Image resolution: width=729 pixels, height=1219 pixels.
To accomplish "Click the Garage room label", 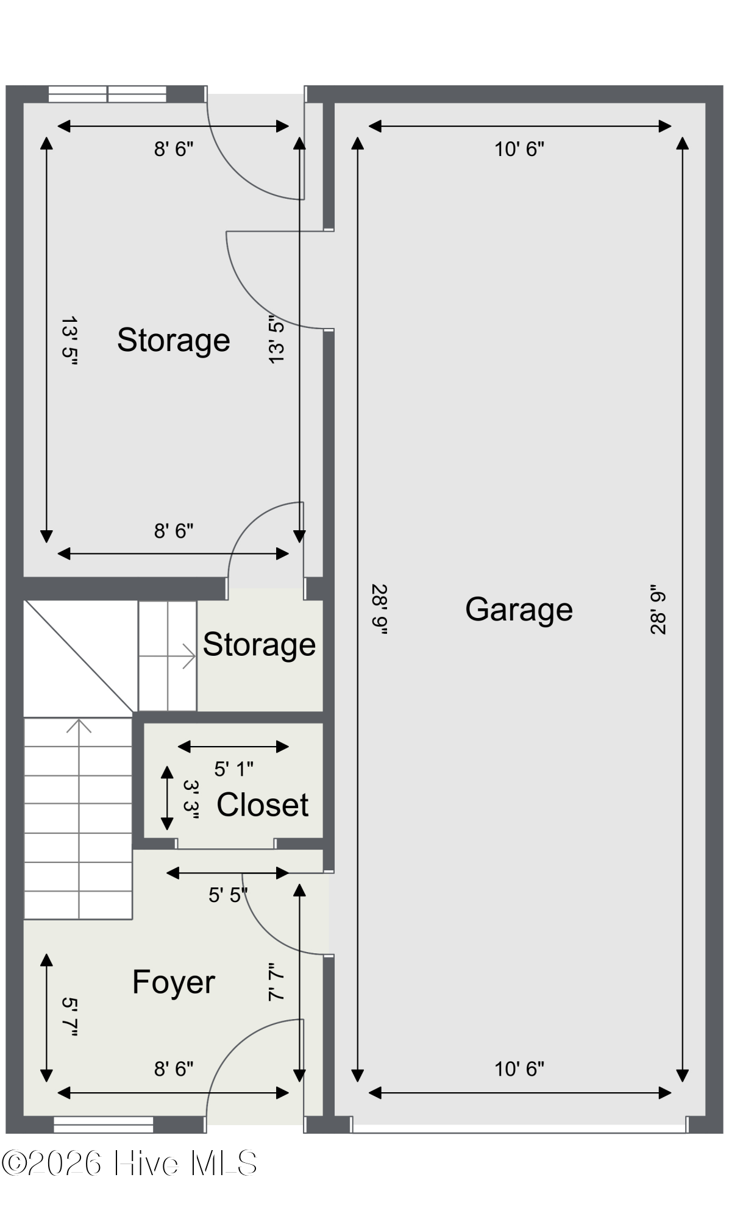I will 519,609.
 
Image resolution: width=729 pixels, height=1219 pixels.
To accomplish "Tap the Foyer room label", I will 174,983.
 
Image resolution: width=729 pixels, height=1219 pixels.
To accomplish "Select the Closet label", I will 263,805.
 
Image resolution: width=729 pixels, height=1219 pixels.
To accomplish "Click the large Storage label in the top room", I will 174,340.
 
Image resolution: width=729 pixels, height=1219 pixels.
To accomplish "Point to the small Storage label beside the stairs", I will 259,645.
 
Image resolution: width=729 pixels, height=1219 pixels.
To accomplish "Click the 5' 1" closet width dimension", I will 233,769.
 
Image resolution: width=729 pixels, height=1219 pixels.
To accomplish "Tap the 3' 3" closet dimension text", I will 191,799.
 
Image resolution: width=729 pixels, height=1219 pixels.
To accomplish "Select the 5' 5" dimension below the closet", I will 228,895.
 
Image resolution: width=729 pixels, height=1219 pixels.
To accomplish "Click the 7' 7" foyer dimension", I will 277,981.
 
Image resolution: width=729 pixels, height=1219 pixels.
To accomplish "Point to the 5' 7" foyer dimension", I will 71,1017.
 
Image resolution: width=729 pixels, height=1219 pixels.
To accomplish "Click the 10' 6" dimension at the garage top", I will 519,149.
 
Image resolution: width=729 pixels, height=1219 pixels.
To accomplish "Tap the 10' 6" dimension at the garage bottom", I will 519,1068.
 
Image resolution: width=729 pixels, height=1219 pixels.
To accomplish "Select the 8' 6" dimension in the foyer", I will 174,1068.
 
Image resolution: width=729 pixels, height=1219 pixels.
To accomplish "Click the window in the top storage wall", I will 107,94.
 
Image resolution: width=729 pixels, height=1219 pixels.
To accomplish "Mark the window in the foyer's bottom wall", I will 104,1125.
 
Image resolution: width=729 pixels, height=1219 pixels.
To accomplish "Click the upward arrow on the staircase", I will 79,727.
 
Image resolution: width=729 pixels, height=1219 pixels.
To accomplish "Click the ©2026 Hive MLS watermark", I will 129,1164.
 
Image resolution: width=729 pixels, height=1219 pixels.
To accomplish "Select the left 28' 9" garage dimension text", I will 379,609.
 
